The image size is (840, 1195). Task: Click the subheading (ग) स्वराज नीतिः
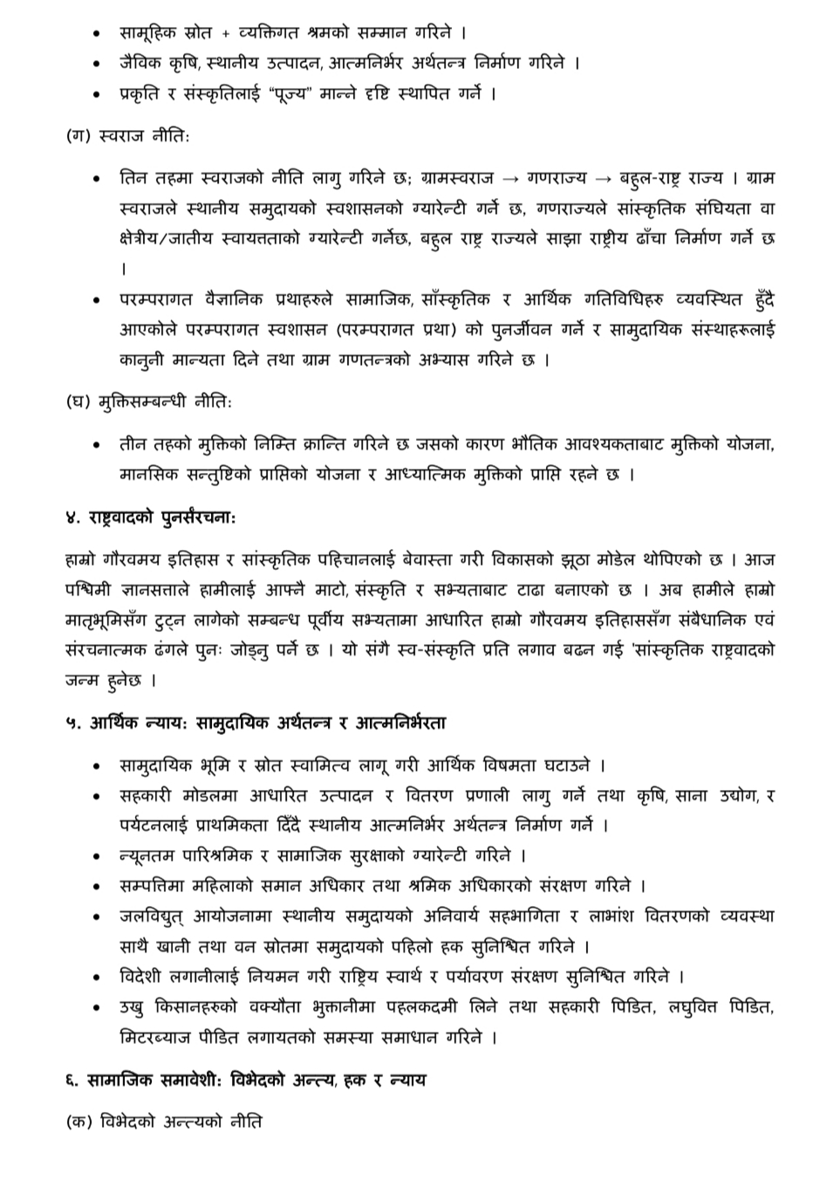(127, 137)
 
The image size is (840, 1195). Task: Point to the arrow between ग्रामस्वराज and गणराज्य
(513, 179)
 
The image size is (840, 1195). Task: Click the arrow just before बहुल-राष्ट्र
(603, 179)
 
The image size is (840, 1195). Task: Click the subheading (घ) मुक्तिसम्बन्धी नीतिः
(149, 402)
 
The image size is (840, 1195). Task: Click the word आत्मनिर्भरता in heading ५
(400, 723)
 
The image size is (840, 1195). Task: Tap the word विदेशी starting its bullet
(144, 976)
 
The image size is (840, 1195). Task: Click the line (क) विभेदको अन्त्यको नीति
(164, 1122)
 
